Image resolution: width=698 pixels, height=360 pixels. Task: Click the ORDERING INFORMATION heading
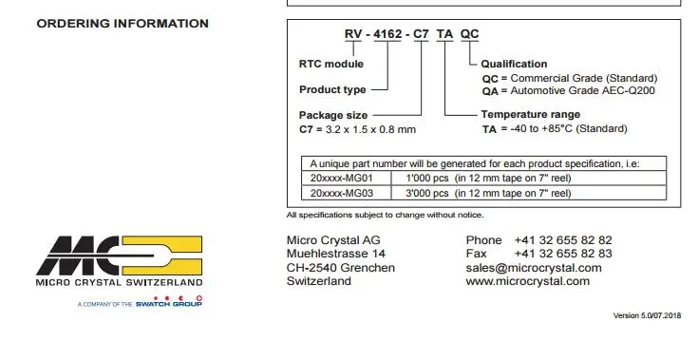123,24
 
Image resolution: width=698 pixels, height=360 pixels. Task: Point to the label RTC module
331,64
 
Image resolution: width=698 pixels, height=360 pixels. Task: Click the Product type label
332,90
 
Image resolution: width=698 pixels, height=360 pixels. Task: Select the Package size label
333,116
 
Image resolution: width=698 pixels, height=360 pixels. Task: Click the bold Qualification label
514,65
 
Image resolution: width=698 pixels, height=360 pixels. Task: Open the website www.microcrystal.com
527,281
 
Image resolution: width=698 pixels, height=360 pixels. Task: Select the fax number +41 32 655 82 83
563,255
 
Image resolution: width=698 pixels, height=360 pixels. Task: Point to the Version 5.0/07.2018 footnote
652,314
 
